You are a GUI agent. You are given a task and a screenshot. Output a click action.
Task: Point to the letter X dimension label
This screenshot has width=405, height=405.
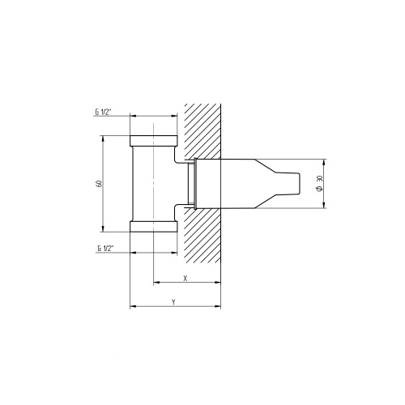click(185, 278)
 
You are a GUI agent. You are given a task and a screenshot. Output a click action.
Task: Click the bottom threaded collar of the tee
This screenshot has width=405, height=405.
click(153, 226)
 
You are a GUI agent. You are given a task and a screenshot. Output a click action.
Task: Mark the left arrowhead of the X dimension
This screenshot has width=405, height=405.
click(156, 283)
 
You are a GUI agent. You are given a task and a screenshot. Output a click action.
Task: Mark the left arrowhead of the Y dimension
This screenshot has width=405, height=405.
click(133, 307)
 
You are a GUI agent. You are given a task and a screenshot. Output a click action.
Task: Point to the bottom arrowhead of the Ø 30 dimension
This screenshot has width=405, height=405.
click(324, 207)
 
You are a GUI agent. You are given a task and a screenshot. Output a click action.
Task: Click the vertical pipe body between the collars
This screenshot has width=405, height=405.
click(153, 184)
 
